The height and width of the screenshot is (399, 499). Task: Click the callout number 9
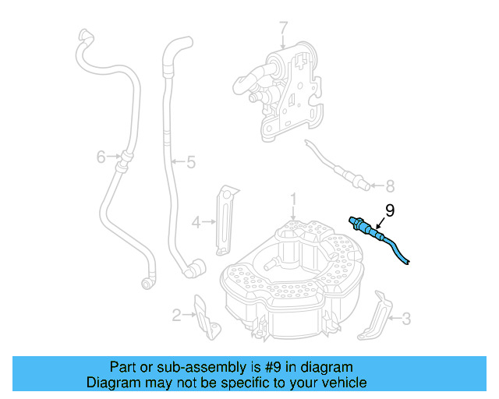(390, 210)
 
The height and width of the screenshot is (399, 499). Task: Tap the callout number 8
(391, 185)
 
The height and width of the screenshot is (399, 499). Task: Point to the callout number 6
(101, 157)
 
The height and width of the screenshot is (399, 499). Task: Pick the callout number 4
(197, 221)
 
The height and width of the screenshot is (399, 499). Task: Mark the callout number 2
(177, 315)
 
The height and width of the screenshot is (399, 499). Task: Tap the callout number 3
(405, 318)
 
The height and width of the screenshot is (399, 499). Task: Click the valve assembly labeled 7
(285, 90)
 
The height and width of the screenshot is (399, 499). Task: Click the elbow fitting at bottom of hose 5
(192, 269)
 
